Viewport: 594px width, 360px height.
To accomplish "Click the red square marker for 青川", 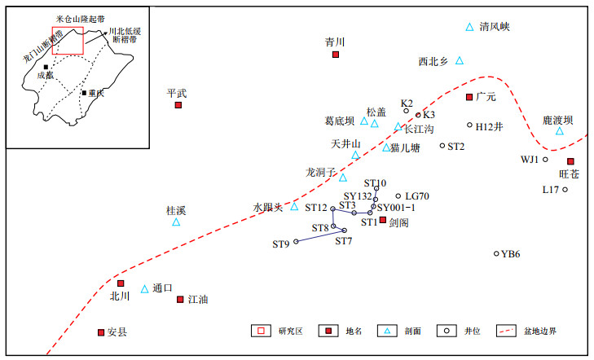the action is tap(335, 55).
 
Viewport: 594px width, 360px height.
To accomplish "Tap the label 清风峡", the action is tap(495, 27).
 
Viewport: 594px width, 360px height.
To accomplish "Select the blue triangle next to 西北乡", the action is tap(460, 60).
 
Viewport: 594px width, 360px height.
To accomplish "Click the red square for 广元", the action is tap(469, 97).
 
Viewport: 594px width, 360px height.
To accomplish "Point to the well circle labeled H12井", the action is tap(470, 125).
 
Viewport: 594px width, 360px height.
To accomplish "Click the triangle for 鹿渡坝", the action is tap(559, 131).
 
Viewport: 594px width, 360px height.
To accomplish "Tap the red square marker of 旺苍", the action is tap(570, 161).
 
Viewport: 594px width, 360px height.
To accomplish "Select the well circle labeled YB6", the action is tap(496, 253).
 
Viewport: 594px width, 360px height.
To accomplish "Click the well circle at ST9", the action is tap(296, 242).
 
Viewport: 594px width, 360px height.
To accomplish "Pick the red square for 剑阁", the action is tap(383, 220).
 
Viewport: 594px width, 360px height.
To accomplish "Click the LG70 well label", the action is tap(417, 196).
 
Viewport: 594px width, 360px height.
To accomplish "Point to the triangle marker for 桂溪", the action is tap(176, 222).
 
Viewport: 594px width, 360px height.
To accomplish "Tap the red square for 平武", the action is tap(178, 105).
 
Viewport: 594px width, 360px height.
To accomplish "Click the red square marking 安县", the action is tap(100, 332).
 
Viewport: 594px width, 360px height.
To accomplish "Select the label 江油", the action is tap(198, 300).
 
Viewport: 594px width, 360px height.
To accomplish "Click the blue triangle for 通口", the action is tap(145, 288).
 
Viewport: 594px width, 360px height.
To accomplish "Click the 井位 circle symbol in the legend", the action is tap(448, 331).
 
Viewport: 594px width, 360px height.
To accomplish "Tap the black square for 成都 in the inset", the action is tap(46, 67).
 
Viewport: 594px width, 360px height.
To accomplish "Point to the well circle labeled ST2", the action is tap(442, 146).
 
